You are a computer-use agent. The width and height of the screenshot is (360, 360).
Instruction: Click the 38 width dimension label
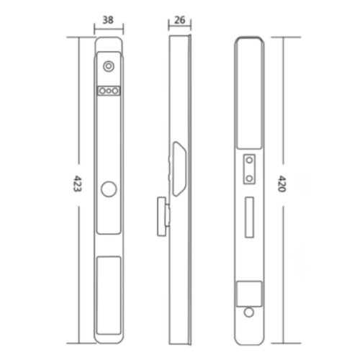point(108,20)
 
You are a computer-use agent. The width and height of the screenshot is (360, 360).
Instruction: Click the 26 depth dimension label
point(180,20)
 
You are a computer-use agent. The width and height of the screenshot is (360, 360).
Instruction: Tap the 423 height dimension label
point(77,184)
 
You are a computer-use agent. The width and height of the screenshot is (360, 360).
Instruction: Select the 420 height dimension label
point(282,184)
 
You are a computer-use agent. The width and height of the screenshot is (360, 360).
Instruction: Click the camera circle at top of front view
point(109,66)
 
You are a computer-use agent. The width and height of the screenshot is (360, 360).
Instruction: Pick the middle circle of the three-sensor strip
point(109,91)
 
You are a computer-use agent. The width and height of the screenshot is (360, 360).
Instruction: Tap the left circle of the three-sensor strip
point(102,91)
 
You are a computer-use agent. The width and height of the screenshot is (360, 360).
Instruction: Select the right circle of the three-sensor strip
point(115,91)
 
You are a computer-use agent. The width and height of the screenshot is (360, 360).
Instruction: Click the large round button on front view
point(109,189)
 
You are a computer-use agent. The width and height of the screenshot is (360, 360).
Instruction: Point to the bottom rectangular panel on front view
point(109,295)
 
